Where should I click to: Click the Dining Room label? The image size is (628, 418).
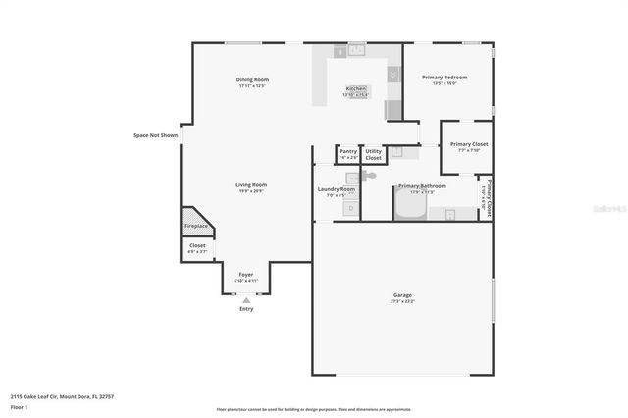click(x=252, y=79)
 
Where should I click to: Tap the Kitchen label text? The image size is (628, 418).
click(x=355, y=88)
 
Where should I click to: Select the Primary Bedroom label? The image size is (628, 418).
click(x=445, y=77)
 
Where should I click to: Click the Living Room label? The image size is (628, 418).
click(x=251, y=184)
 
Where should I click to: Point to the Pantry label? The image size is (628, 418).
click(x=347, y=151)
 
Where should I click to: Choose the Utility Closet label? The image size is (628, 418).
click(x=373, y=154)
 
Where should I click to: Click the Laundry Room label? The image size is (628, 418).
click(x=336, y=188)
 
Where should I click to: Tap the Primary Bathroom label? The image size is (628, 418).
click(x=422, y=185)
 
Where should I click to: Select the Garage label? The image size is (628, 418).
click(x=402, y=295)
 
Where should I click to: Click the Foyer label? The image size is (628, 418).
click(x=245, y=275)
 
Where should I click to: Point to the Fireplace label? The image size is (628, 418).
click(x=196, y=226)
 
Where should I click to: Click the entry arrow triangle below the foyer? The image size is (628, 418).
click(x=246, y=299)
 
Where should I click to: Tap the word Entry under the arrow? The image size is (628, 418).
click(x=246, y=309)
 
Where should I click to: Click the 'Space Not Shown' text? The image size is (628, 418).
click(x=156, y=135)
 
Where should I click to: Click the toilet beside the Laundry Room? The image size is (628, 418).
click(x=365, y=176)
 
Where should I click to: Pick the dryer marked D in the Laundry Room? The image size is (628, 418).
click(x=349, y=208)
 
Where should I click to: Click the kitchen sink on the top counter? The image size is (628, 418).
click(x=354, y=50)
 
